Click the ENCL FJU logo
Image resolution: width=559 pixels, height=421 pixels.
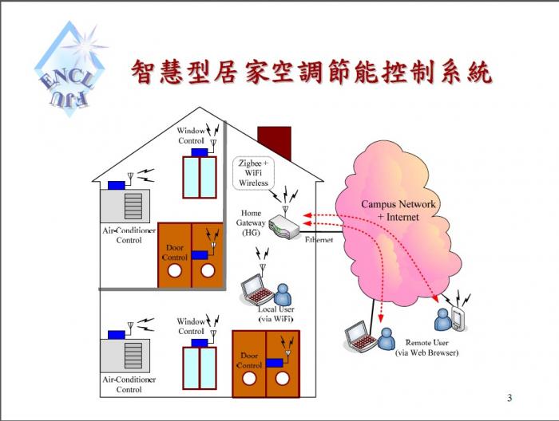click(x=70, y=69)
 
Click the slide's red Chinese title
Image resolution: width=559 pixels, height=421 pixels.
click(x=312, y=73)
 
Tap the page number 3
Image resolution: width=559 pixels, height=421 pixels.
click(x=509, y=398)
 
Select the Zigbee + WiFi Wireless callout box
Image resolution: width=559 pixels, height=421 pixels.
click(x=253, y=173)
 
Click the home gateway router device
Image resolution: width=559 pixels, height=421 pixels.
click(x=284, y=226)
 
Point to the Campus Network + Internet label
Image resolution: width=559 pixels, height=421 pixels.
click(x=398, y=210)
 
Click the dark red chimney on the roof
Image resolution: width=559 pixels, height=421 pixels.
click(x=275, y=143)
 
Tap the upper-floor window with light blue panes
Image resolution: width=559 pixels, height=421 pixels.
click(x=200, y=177)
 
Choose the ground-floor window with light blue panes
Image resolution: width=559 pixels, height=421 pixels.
click(x=200, y=368)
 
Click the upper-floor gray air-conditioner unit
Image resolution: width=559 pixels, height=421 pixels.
click(x=125, y=206)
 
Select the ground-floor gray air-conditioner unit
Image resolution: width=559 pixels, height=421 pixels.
click(x=125, y=356)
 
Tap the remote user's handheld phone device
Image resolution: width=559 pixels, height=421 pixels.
click(x=459, y=319)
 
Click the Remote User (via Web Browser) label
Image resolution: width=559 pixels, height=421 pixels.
click(x=426, y=348)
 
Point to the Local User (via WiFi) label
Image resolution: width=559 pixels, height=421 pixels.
click(x=276, y=314)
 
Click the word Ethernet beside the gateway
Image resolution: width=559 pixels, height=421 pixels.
click(x=319, y=240)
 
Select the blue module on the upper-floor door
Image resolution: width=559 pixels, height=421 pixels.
click(x=200, y=255)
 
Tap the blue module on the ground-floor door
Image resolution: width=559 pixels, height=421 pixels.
click(x=275, y=363)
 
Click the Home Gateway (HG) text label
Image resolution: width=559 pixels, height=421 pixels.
click(x=251, y=222)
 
